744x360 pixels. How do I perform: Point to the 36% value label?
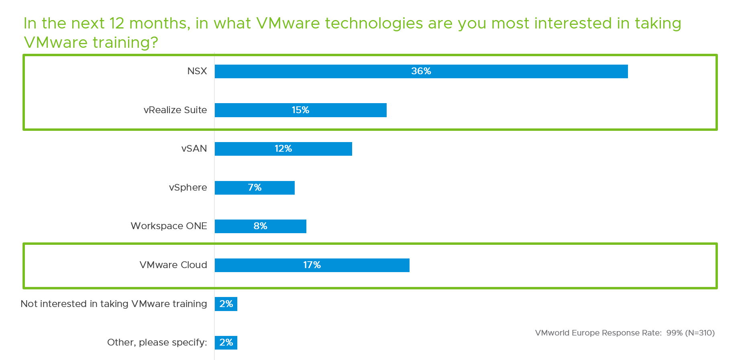[x=421, y=71]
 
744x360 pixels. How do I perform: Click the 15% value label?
[x=300, y=110]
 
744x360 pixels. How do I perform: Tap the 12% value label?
[x=283, y=148]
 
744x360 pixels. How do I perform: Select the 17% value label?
[x=312, y=265]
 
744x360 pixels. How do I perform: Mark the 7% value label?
[x=255, y=187]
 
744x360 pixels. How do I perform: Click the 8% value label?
[x=260, y=226]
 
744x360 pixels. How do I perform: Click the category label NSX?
[x=197, y=71]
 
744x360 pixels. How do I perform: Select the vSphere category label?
[x=188, y=187]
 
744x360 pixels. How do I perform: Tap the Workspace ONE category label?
[x=169, y=226]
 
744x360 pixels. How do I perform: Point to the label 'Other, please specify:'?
[x=157, y=342]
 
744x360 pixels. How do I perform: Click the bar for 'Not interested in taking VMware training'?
[x=226, y=304]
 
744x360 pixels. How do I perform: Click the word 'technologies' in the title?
[x=374, y=23]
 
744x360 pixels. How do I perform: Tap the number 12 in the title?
[x=117, y=23]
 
